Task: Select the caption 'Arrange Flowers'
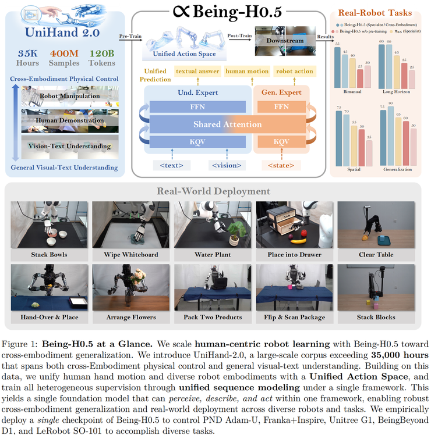tap(131, 317)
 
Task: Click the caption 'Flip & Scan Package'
tap(294, 317)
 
